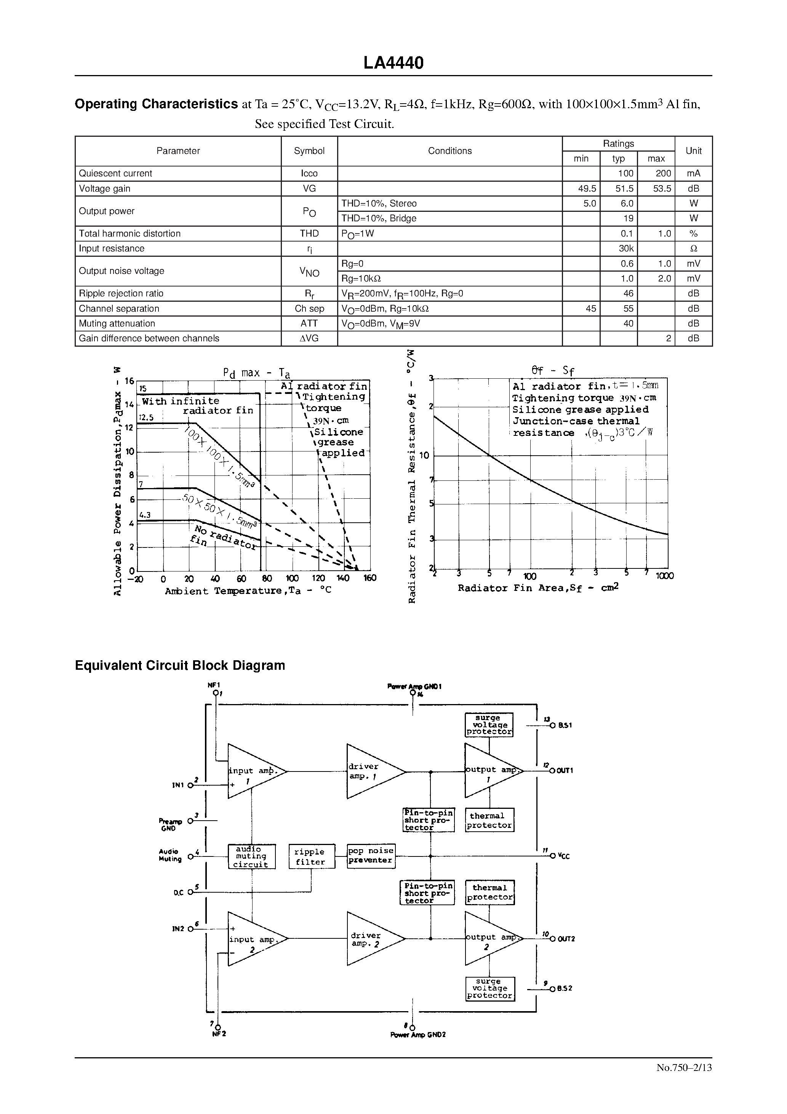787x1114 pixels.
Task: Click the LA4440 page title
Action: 393,62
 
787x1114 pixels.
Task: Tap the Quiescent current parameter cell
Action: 115,173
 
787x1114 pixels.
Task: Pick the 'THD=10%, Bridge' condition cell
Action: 379,218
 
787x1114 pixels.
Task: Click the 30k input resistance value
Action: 626,248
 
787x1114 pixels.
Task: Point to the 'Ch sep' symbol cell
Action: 309,309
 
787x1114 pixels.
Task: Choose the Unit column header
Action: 693,151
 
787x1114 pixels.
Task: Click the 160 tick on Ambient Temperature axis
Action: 370,578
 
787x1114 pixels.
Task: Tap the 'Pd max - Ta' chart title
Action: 256,373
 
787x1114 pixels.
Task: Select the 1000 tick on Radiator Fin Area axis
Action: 664,576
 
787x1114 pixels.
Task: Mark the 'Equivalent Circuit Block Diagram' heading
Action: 180,665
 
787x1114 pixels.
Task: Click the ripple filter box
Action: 310,857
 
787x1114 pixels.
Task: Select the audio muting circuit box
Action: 251,857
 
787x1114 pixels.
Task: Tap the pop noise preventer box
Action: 371,856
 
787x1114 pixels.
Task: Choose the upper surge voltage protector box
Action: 489,725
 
